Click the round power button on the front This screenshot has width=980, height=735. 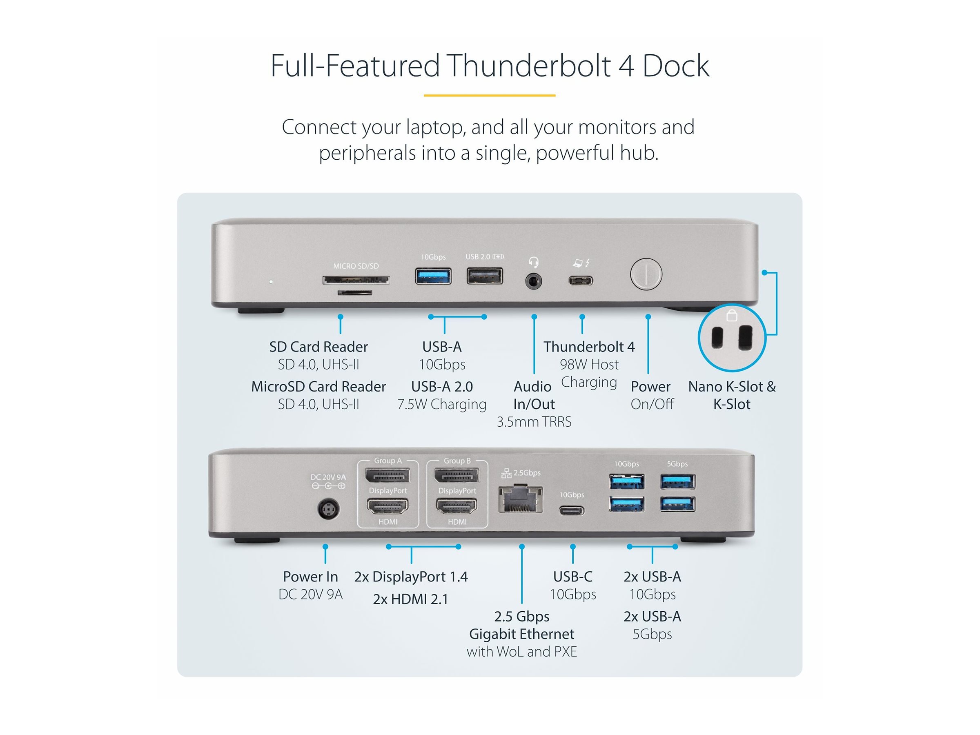click(x=646, y=274)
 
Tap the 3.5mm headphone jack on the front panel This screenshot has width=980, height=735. click(x=533, y=281)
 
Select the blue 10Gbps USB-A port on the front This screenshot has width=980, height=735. click(x=433, y=276)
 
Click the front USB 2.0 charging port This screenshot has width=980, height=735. click(x=485, y=276)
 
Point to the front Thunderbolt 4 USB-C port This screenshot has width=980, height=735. click(x=580, y=281)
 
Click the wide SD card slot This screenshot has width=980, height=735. click(x=356, y=280)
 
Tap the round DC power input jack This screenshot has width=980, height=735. click(x=329, y=510)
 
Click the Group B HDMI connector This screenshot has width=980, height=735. click(x=457, y=506)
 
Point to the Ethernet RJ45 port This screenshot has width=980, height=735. click(x=521, y=499)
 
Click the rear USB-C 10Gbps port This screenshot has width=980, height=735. click(x=572, y=511)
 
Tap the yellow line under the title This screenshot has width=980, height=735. click(x=490, y=95)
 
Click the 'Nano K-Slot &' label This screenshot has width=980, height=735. click(x=731, y=387)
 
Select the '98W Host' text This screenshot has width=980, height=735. click(x=589, y=365)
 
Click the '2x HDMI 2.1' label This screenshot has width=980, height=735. click(x=410, y=599)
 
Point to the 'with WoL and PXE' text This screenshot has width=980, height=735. click(x=521, y=652)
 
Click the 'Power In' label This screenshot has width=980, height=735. click(x=310, y=577)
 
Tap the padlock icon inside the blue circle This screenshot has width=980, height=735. click(x=732, y=316)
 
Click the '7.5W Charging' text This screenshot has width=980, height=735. click(x=442, y=405)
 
